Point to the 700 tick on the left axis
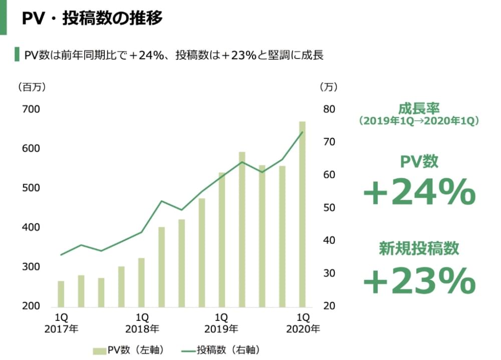(31, 109)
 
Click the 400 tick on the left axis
(31, 227)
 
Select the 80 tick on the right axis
(329, 109)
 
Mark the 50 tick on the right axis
(329, 208)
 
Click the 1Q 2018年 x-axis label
(142, 323)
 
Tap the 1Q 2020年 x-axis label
(303, 323)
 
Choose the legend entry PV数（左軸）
(129, 349)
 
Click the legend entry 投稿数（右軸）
(221, 349)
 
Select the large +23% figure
(419, 281)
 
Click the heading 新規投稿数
(419, 248)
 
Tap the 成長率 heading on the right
(419, 108)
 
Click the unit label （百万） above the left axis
(32, 87)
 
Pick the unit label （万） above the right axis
(329, 87)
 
